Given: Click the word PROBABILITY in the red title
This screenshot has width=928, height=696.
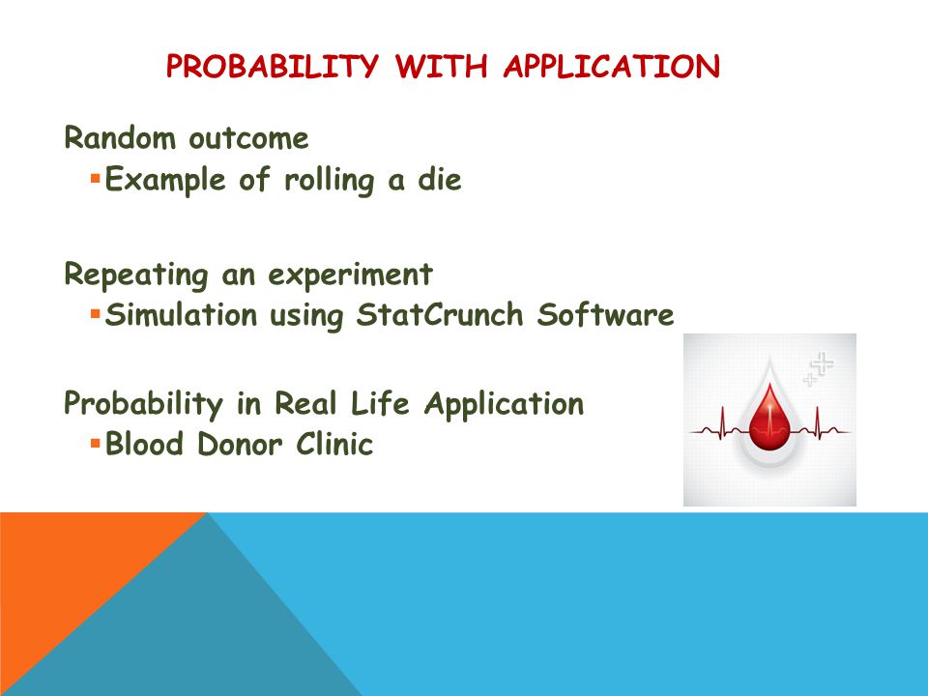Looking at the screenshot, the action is (273, 66).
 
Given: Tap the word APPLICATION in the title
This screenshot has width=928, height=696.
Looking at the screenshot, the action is (612, 66).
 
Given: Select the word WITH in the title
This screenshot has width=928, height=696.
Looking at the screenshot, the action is (441, 66).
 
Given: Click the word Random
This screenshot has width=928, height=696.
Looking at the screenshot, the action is (120, 138).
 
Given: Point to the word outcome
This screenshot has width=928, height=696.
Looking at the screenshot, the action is (248, 139).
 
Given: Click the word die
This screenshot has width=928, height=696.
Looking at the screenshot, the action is (440, 179).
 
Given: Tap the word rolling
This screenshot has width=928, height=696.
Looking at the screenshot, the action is (329, 181).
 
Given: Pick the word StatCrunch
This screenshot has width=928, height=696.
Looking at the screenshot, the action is (440, 314).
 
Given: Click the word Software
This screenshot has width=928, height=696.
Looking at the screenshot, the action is (605, 314).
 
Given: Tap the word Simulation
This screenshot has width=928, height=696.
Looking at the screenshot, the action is (181, 314).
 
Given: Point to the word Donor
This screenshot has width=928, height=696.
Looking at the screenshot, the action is (239, 444).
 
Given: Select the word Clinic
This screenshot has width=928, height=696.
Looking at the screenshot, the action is (334, 444).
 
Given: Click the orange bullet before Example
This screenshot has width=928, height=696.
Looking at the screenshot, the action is (96, 177).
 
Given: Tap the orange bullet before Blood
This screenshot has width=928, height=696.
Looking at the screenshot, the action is (96, 442).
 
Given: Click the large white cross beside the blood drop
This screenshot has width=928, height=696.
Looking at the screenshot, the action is (823, 362).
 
